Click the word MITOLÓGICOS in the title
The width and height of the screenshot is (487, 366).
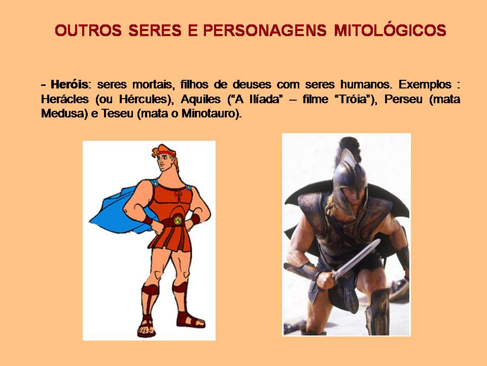390,30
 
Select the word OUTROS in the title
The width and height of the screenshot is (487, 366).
88,30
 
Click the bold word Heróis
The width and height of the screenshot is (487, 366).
70,84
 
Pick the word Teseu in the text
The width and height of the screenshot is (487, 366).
117,113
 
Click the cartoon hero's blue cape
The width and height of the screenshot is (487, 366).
118,208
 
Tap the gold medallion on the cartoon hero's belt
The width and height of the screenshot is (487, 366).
178,220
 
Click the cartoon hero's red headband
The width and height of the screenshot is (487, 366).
166,154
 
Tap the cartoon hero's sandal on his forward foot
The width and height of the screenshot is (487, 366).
147,326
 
